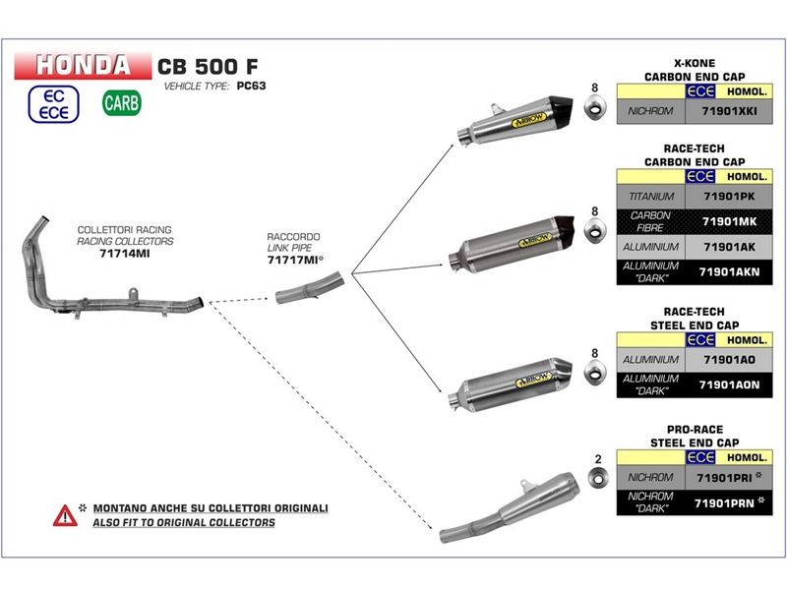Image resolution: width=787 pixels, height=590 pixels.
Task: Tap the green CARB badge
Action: click(x=121, y=102)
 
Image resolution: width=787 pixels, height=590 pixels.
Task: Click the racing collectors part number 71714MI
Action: click(x=125, y=252)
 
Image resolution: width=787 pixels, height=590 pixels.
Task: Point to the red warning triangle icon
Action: click(x=65, y=514)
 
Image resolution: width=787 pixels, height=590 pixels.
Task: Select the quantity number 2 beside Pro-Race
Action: click(x=597, y=459)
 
